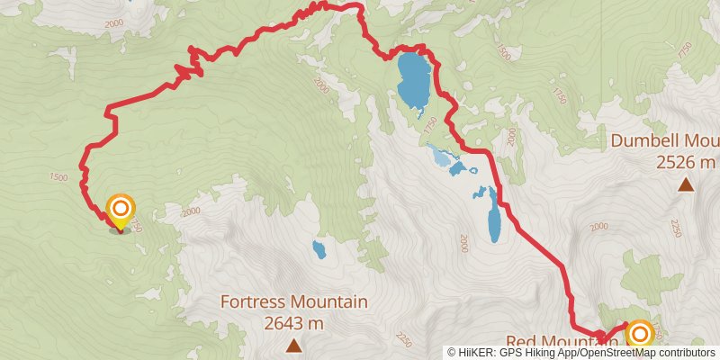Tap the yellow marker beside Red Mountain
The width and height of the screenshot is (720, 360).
coord(639,335)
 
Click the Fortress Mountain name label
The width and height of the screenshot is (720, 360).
coord(293,302)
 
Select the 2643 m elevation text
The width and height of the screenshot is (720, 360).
coord(293,322)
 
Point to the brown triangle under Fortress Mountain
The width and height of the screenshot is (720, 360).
coord(293,345)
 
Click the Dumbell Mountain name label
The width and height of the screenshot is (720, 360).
coord(664,141)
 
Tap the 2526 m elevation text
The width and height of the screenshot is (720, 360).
coord(685,162)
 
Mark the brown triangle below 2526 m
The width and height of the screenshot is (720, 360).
coord(686,184)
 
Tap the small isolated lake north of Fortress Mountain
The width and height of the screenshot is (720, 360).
coord(319,248)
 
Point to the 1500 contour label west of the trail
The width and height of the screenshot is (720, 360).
coord(58,177)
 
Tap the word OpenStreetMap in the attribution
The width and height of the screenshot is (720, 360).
coord(620,353)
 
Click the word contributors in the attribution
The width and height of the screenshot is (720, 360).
coord(686,353)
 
